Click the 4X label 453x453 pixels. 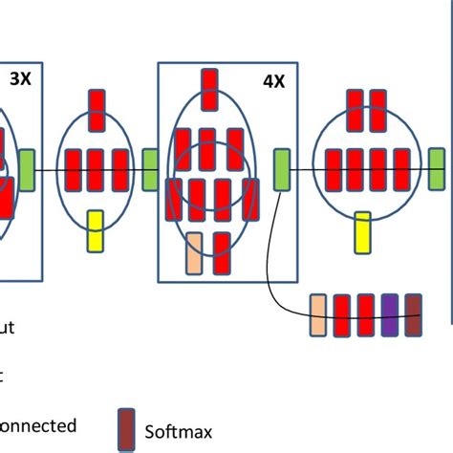point(273,81)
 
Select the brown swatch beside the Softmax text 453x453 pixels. point(126,428)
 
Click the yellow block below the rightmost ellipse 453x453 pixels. point(362,232)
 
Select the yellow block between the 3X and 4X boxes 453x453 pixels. point(95,232)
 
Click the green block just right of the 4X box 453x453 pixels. point(282,169)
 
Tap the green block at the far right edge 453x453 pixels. point(436,169)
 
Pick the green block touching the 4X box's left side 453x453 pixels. point(150,169)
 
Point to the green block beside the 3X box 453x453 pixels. point(27,169)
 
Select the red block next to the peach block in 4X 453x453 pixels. point(222,252)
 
